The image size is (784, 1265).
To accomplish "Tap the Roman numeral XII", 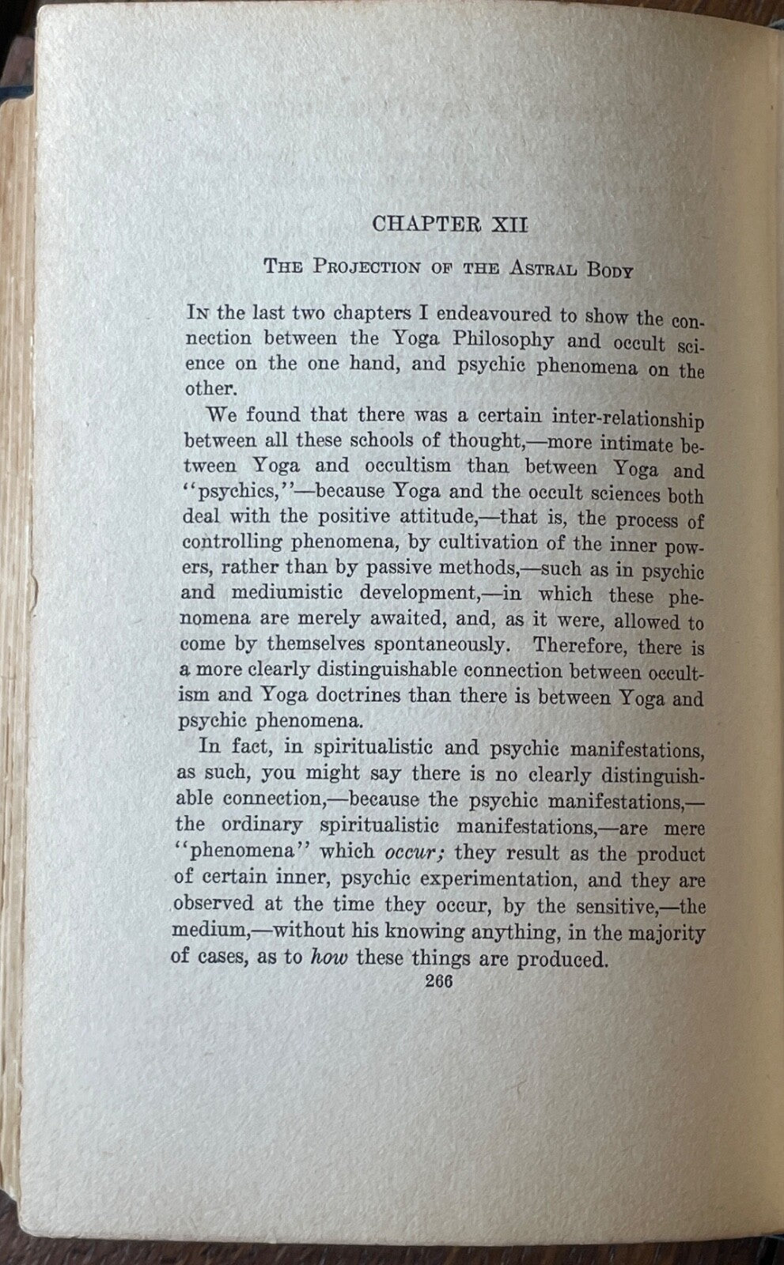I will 506,225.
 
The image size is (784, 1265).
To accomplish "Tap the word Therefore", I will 580,645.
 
